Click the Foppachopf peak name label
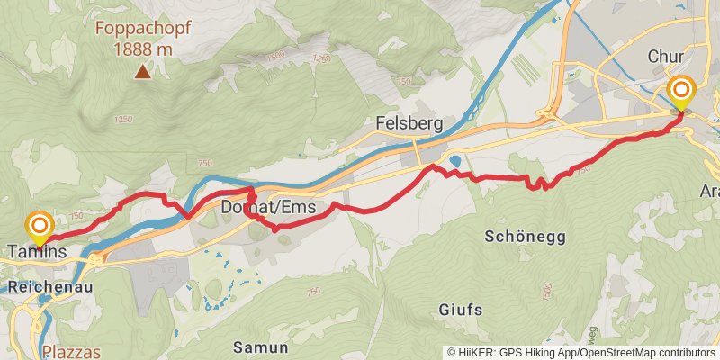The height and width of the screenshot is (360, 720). [x=141, y=28]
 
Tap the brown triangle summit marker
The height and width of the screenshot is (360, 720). [x=142, y=72]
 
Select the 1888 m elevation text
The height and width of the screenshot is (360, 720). [x=142, y=49]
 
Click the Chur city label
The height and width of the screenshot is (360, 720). [x=667, y=57]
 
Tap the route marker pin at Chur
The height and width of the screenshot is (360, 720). [x=681, y=94]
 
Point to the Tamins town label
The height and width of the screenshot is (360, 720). [x=37, y=253]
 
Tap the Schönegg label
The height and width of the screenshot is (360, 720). [x=525, y=237]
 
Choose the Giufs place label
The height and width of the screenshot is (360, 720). [x=460, y=310]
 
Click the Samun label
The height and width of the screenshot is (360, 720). [x=260, y=346]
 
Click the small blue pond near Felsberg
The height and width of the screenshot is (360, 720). [x=454, y=163]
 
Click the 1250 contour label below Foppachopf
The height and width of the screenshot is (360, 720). [x=123, y=120]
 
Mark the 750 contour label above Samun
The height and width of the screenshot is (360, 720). [x=313, y=292]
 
